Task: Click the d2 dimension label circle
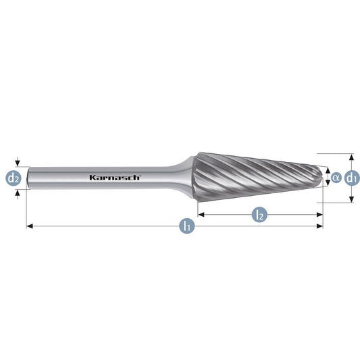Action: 14,178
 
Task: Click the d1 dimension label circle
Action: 353,178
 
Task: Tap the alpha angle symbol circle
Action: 336,178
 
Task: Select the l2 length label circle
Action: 259,215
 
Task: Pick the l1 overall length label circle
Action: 187,226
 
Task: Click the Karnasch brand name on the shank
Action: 115,177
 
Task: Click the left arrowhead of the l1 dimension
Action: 30,226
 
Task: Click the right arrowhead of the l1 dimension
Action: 320,226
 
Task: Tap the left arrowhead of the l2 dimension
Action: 201,215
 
